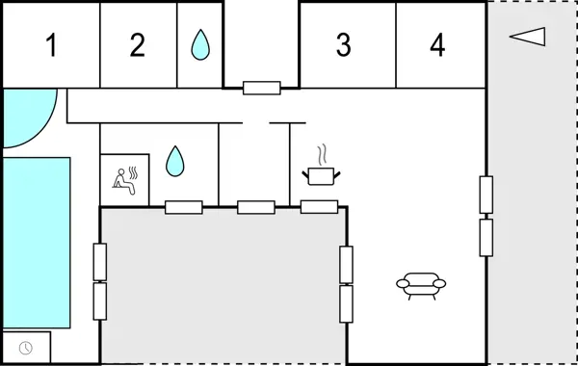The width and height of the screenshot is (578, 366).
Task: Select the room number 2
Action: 138,45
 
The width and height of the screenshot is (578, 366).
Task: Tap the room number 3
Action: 343,45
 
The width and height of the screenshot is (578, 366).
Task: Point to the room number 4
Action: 437,45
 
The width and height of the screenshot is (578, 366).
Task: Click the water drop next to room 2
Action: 199,44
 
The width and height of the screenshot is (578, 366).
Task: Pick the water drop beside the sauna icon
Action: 174,161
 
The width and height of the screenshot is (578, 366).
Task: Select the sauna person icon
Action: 125,180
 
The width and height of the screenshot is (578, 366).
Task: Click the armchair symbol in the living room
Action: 421,285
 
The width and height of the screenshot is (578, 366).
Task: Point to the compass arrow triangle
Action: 528,37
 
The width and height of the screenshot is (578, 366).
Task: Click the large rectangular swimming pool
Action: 36,242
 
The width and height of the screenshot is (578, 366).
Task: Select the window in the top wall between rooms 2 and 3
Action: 261,89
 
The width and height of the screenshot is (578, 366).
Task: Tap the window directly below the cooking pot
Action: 319,206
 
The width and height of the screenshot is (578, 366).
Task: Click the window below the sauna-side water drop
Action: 183,206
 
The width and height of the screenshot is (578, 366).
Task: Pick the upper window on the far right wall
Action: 486,196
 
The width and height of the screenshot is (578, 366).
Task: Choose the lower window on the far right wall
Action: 486,237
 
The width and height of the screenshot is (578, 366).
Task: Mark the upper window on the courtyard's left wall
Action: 100,261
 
